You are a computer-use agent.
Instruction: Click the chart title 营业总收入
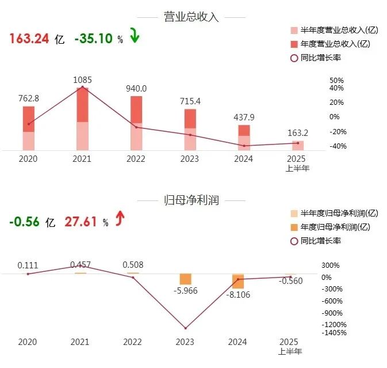(191, 17)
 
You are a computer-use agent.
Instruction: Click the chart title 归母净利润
(191, 200)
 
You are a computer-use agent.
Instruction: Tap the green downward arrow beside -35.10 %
(135, 37)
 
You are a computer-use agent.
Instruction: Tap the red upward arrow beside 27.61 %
(120, 219)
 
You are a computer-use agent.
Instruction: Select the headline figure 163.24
(29, 39)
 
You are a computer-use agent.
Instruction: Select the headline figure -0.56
(25, 222)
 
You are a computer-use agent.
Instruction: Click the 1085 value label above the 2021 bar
(83, 80)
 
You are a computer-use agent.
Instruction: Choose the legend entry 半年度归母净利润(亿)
(335, 214)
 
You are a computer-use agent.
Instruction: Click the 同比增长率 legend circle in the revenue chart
(294, 57)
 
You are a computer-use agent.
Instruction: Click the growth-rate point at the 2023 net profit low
(185, 328)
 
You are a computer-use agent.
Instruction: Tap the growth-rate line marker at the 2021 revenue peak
(82, 87)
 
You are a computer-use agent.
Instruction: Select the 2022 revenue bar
(136, 123)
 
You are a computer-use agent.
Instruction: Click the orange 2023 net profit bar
(185, 279)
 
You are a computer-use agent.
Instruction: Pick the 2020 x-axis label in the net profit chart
(27, 342)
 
